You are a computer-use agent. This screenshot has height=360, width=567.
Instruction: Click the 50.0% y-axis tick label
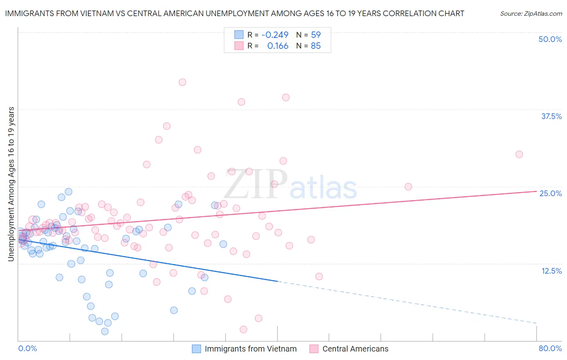click(550, 39)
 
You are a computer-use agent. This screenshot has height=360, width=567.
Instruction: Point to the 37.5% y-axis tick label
click(551, 116)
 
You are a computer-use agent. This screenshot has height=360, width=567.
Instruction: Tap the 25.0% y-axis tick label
click(550, 193)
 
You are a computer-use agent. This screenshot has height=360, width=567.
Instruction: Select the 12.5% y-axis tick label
click(551, 271)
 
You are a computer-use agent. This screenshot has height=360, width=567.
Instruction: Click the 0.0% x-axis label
click(27, 348)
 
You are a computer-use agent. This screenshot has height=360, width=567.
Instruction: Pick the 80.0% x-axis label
click(550, 348)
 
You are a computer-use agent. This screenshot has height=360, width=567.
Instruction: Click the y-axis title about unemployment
click(11, 184)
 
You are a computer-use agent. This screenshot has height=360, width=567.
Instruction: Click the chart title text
click(234, 13)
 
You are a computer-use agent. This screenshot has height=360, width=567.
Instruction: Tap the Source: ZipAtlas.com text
click(531, 13)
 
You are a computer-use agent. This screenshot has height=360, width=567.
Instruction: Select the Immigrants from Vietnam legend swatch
click(196, 349)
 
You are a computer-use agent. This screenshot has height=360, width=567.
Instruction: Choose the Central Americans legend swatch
click(314, 349)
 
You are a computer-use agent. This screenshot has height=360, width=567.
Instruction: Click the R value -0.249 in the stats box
click(275, 35)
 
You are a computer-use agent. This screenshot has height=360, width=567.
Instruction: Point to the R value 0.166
click(278, 46)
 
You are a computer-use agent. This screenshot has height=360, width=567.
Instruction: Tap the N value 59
click(316, 35)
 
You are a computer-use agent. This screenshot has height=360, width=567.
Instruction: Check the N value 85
click(316, 46)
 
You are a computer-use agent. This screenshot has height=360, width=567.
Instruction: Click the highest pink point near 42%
click(182, 82)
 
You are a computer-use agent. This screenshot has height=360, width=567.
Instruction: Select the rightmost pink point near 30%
click(519, 154)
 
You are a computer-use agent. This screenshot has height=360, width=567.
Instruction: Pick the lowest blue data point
click(105, 331)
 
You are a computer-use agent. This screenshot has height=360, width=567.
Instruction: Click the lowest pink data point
click(243, 329)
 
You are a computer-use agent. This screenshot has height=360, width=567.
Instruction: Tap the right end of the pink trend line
click(536, 191)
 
